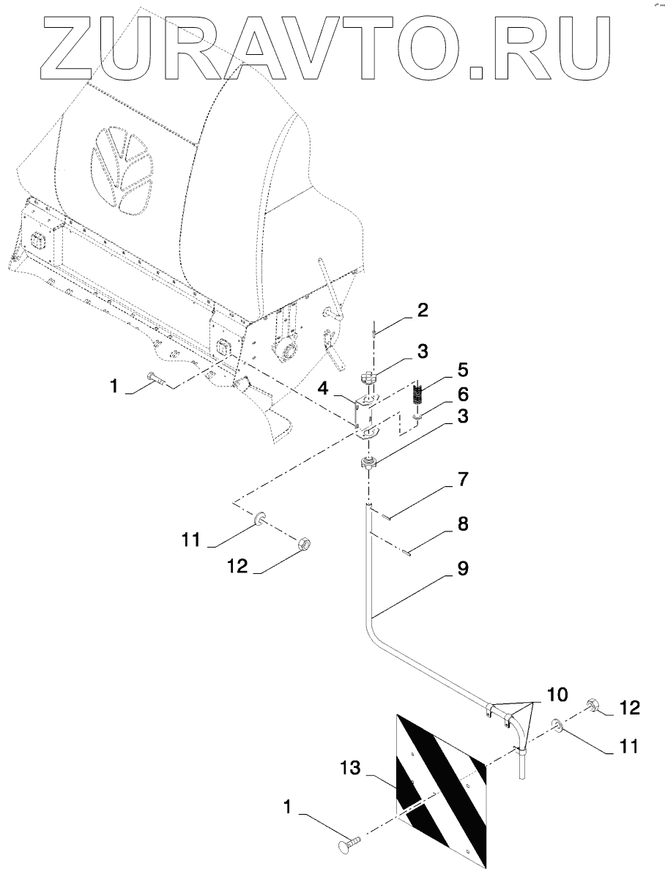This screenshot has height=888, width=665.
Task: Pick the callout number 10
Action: click(x=555, y=692)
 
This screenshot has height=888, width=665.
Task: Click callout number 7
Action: click(x=464, y=480)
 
